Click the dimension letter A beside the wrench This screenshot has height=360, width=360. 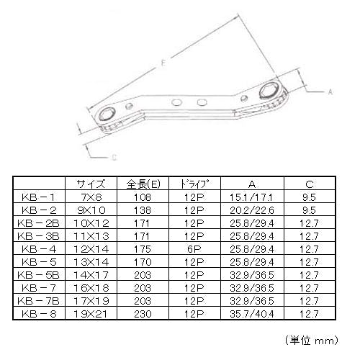tap(330, 91)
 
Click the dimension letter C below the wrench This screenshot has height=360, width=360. tap(114, 158)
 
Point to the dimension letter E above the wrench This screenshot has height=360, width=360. tap(163, 63)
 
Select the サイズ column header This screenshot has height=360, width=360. tap(91, 184)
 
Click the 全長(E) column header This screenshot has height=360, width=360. tap(143, 184)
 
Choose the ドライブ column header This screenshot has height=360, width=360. tap(194, 184)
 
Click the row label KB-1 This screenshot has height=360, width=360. tap(39, 197)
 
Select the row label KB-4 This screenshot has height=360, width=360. tap(39, 249)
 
